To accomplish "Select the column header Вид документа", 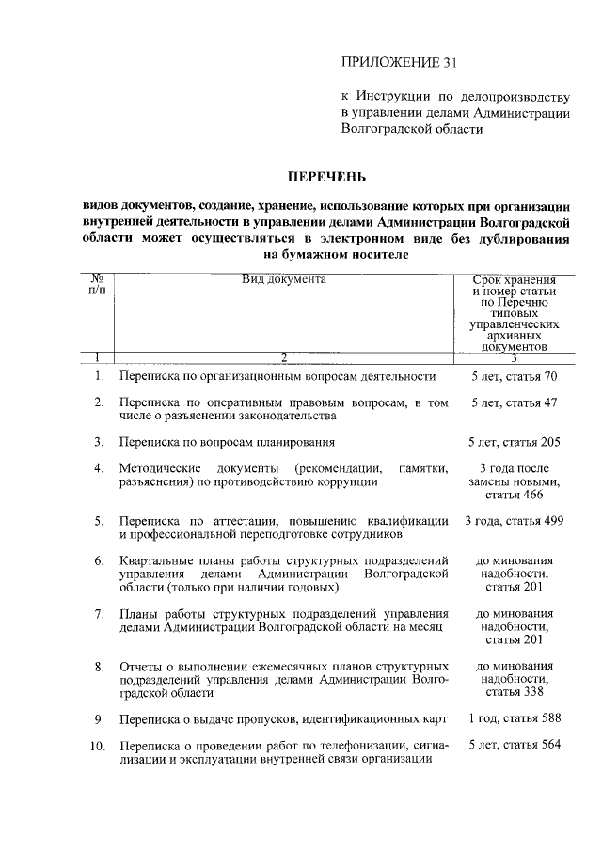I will [x=283, y=279].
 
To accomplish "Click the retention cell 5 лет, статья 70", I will [x=515, y=377].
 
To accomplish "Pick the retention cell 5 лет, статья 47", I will [x=515, y=402].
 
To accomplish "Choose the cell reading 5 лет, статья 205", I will [x=515, y=441].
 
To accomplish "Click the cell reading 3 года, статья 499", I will [x=515, y=520].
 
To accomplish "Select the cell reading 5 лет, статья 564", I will [x=515, y=746].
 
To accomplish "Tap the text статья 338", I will [x=515, y=693].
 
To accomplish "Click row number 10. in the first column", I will [x=97, y=746].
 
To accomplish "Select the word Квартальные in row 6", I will [x=155, y=561].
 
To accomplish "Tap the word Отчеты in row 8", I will [x=139, y=667].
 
